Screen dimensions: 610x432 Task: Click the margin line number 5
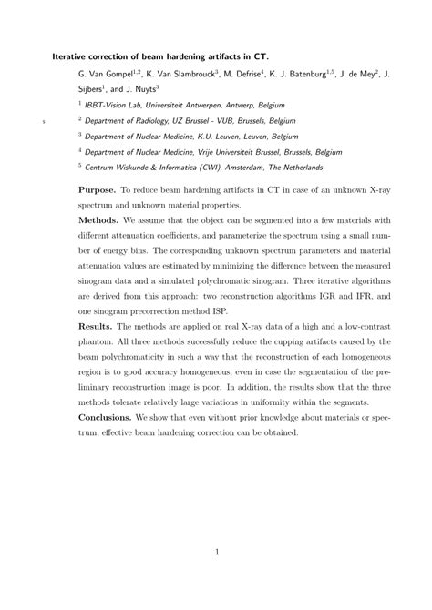43,119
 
